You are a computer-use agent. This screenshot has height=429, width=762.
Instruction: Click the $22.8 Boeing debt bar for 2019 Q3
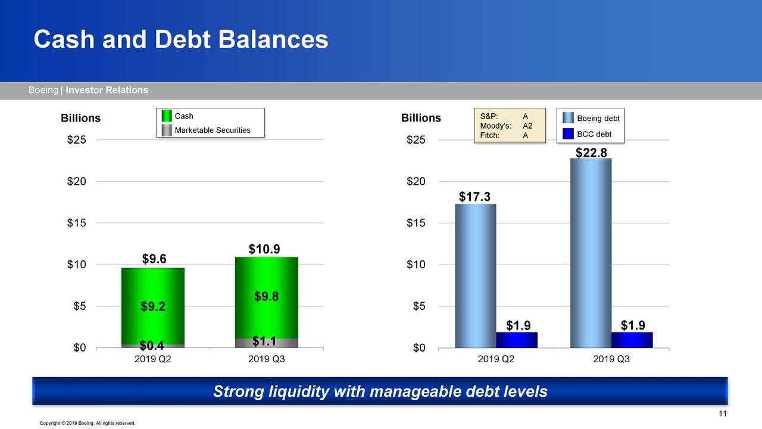(591, 253)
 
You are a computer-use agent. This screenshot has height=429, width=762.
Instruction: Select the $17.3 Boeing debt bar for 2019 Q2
(476, 276)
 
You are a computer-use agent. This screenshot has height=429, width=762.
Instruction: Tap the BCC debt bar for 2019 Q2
(517, 340)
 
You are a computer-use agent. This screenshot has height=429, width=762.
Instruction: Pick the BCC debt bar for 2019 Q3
(632, 340)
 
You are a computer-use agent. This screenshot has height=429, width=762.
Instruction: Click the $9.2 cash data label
(153, 306)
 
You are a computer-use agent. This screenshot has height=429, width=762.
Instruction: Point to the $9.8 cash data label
(267, 297)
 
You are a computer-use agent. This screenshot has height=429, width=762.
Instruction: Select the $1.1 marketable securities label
(264, 341)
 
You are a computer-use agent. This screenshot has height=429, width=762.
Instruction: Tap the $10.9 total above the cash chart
(264, 249)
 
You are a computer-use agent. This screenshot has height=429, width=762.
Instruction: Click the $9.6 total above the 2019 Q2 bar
(154, 259)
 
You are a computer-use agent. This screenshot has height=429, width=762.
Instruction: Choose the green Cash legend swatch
(167, 116)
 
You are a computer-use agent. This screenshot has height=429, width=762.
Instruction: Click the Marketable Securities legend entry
(206, 130)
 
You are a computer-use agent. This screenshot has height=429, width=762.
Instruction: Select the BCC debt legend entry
(587, 134)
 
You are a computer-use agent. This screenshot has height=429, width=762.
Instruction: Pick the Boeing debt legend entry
(591, 118)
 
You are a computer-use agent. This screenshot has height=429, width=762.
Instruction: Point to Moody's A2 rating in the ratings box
(506, 126)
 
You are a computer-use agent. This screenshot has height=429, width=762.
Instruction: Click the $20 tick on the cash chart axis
(77, 182)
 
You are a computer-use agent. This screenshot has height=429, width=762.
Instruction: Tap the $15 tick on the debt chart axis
(416, 223)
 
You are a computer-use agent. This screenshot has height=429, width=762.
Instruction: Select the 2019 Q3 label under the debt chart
(611, 359)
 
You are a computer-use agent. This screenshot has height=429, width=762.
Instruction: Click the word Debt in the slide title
(183, 39)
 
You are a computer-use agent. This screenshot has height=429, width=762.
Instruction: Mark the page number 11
(723, 414)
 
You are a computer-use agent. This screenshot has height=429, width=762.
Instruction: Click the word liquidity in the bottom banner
(298, 391)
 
